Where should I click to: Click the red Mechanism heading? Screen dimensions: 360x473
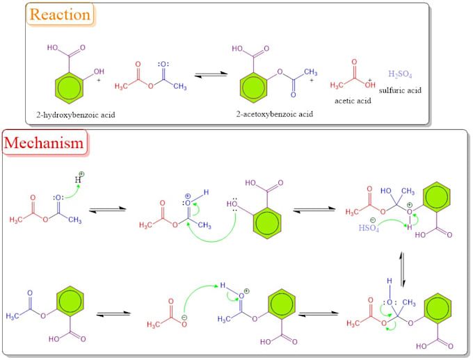(x=45, y=143)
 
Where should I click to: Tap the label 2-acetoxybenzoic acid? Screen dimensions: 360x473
(x=264, y=113)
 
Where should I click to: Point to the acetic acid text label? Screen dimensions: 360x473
(x=353, y=100)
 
